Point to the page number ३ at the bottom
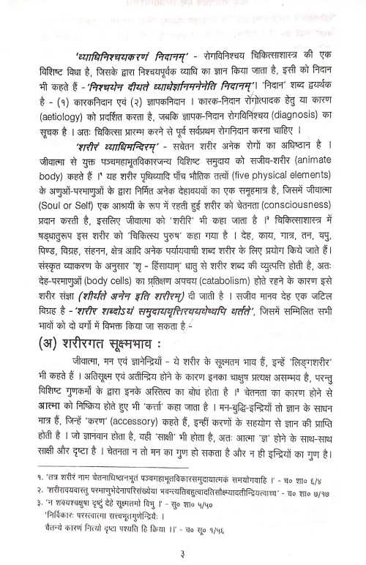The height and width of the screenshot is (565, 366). click(x=183, y=550)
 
